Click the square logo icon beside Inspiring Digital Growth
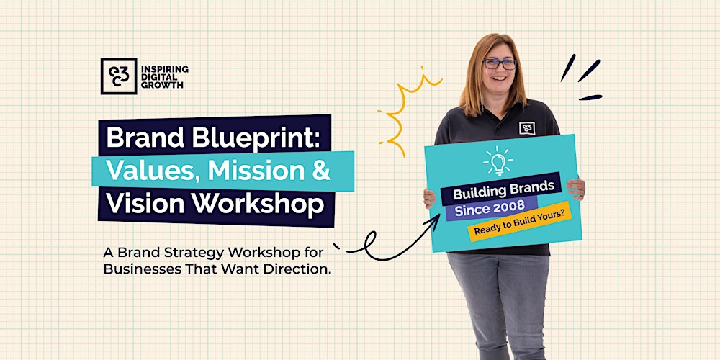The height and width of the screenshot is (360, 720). click(x=118, y=76)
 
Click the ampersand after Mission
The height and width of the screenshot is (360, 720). click(x=323, y=171)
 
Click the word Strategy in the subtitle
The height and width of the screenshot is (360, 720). click(x=191, y=253)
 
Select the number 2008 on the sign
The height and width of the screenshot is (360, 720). click(x=513, y=208)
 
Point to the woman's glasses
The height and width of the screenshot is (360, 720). click(x=499, y=64)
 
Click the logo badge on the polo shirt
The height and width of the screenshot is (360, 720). click(x=527, y=127)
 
